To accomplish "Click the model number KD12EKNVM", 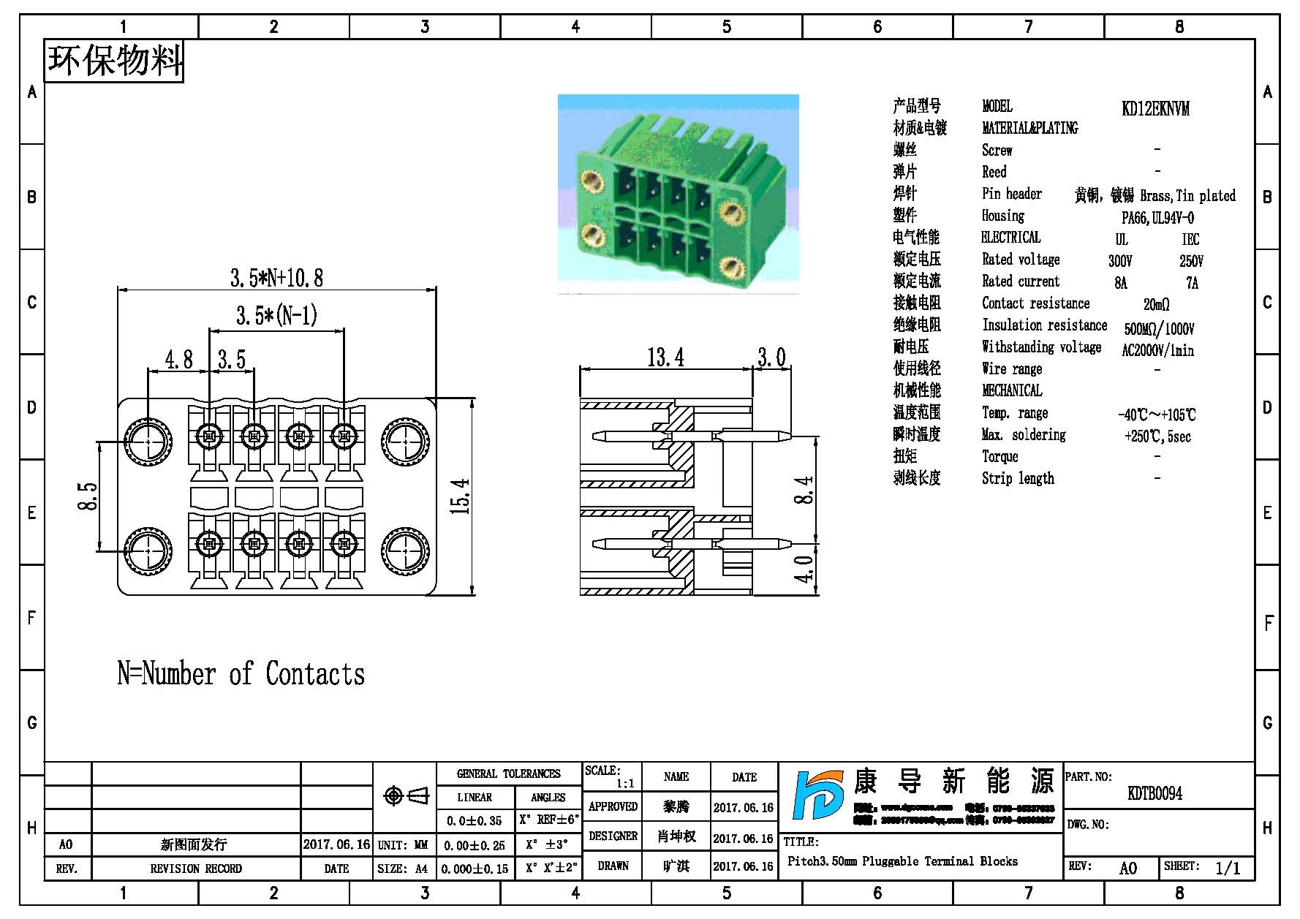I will coord(1155,109).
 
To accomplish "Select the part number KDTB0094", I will coord(1154,793).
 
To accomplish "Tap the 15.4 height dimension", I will coord(461,496).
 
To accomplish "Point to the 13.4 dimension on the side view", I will coord(665,358).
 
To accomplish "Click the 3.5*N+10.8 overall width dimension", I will coord(276,278).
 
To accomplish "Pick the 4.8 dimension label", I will coord(178,360).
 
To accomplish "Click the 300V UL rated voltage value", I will coord(1120,261).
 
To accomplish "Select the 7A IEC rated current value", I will coord(1192,283).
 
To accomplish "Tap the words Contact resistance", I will coord(1035,303).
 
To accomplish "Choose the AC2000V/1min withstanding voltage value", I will coord(1157,350).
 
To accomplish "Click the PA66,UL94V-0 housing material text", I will coord(1157,218).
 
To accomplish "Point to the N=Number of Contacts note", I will coord(241,674).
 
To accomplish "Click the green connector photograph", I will coord(678,194).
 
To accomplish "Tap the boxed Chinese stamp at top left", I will coord(114,60).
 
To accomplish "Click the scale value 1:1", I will coord(625,784).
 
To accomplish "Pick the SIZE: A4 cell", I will coord(403,869).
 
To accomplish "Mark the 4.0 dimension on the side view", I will coord(804,569).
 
